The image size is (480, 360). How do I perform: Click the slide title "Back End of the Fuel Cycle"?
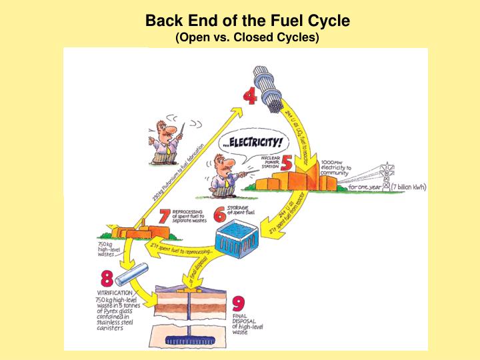coord(247,21)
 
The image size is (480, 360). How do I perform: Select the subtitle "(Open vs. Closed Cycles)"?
coord(247,37)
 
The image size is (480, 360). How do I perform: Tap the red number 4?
coord(250,97)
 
